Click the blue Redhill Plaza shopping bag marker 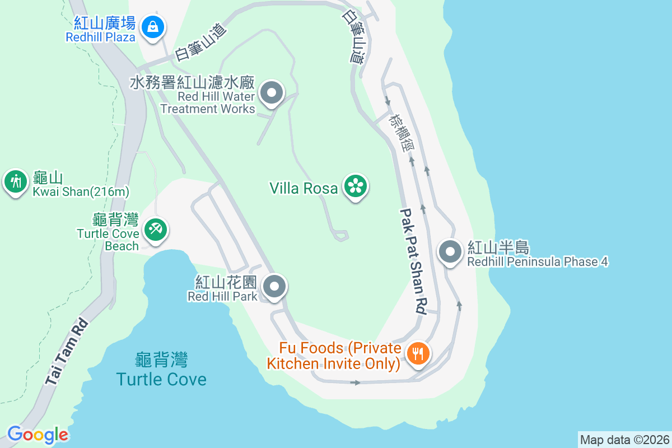tap(152, 26)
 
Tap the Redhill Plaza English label tap(100, 38)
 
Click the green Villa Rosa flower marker tap(356, 185)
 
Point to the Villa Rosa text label tap(304, 188)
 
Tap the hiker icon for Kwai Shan tap(16, 181)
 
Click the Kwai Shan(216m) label tap(81, 192)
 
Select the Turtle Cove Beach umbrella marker tap(154, 230)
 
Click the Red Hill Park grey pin tap(274, 287)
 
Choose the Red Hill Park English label tap(222, 296)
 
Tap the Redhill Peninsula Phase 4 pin tap(450, 251)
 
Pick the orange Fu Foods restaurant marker tap(417, 353)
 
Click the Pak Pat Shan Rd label tap(413, 260)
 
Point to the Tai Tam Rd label tap(67, 352)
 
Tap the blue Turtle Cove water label tap(161, 379)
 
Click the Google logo tap(38, 435)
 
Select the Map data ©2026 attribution tap(624, 440)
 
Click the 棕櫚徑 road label tap(402, 132)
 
